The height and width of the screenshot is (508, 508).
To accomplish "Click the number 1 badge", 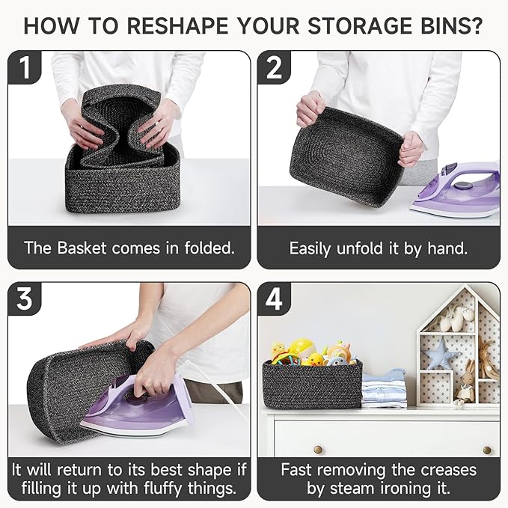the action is [x=25, y=67].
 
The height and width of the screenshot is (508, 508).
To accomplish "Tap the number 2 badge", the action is [x=274, y=67].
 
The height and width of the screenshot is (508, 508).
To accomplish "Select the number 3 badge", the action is [x=25, y=299].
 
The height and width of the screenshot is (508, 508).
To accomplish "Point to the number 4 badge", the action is [x=274, y=299].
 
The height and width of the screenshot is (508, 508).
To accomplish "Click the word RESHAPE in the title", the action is [x=177, y=26].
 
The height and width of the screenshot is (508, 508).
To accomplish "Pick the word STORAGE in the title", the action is [x=360, y=26].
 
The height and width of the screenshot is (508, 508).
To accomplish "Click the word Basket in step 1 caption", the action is [x=82, y=248].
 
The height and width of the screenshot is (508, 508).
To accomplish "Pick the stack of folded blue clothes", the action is [x=385, y=389].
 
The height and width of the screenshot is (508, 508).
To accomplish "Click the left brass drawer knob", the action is [x=318, y=450].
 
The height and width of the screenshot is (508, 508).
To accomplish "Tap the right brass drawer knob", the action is [x=486, y=450].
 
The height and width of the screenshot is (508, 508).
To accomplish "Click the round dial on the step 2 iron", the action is [x=460, y=186].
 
